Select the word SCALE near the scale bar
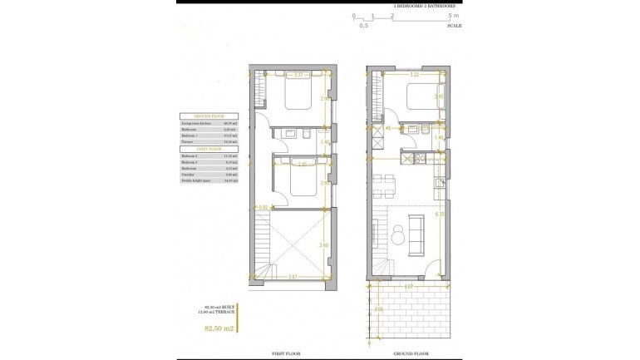[455, 26]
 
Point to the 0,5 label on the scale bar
[363, 26]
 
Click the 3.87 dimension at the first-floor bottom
[293, 276]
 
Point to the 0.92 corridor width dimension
[263, 206]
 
